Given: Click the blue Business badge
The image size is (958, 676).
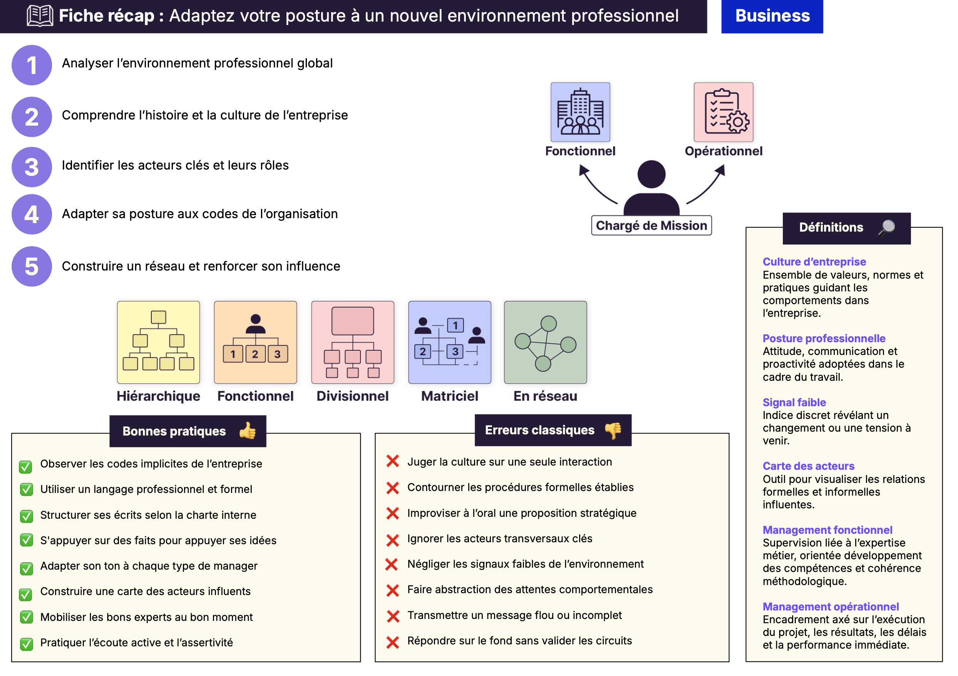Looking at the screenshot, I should (772, 16).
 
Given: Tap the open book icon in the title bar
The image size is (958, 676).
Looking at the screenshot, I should (40, 16).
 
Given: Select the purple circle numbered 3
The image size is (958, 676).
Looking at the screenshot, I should (32, 167).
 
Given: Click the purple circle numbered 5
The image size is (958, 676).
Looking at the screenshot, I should (32, 266).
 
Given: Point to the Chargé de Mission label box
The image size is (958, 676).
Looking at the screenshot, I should (652, 225).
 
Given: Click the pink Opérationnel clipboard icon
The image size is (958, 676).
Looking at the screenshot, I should (723, 112).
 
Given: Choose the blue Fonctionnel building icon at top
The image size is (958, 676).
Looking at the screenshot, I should (580, 112).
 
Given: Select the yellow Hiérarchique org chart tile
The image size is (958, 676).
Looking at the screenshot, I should (158, 342).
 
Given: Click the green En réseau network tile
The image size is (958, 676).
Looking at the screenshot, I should (545, 342).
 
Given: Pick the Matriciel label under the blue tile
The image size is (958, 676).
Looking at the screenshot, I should (449, 396).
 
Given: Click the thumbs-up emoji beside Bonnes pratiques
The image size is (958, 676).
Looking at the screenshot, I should (248, 431).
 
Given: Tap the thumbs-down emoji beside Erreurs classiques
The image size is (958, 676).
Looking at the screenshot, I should (613, 430).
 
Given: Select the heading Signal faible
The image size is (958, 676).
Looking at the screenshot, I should (794, 402).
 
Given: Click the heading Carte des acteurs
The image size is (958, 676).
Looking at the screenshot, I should (808, 466).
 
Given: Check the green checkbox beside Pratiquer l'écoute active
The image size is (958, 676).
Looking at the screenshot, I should (26, 644).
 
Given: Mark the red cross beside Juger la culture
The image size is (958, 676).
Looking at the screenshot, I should (393, 461).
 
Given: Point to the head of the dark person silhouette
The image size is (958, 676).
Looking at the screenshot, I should (652, 174).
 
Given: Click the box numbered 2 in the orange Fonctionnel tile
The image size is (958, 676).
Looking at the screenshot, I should (255, 354).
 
